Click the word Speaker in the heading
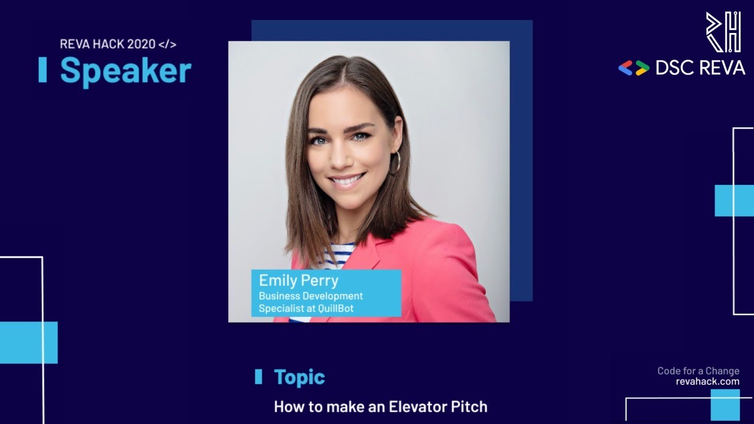point(125,71)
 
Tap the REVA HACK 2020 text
point(107,44)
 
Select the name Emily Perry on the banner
point(299,280)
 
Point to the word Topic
point(299,377)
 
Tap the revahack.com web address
point(707,382)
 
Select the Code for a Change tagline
point(698,371)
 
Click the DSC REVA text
point(700,68)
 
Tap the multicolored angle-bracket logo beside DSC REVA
point(633,68)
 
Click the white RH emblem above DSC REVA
point(723,32)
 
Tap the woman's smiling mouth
point(346,180)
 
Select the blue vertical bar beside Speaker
point(42,70)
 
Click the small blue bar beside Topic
point(258,377)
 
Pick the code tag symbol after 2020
point(167,44)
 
